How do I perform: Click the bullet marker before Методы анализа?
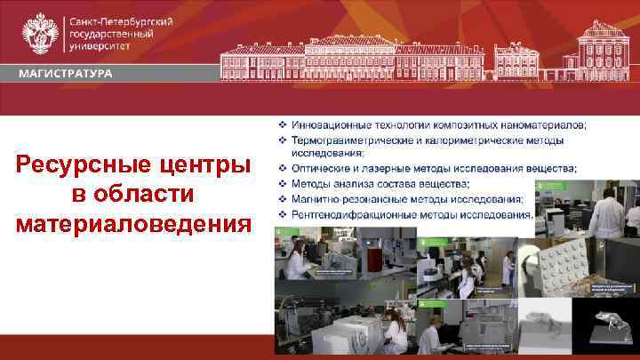(x=282, y=182)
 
